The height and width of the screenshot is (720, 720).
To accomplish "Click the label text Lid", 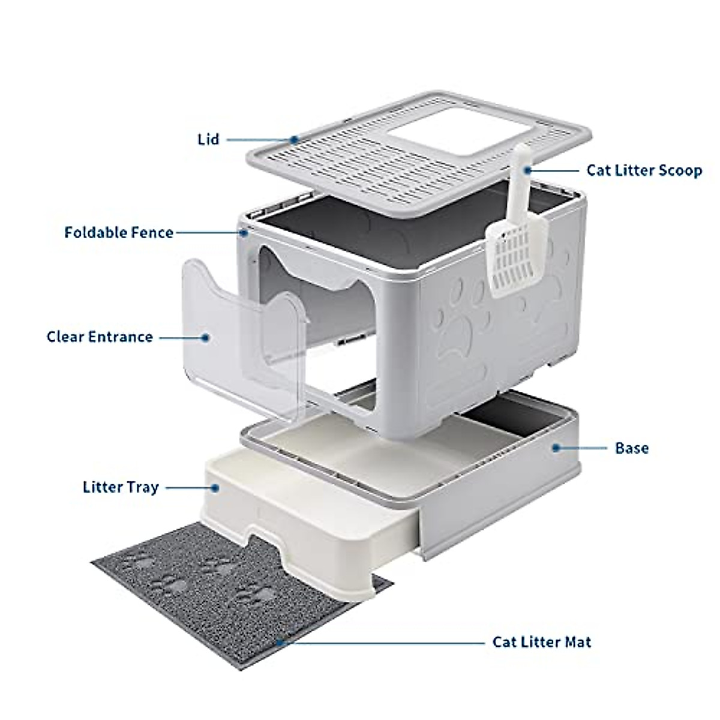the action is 208,140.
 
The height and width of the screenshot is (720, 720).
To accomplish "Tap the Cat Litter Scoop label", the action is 644,170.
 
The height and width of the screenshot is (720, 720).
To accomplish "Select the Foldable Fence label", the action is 119,232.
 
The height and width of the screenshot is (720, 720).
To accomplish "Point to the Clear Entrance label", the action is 100,337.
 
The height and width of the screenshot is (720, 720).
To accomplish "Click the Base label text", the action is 631,448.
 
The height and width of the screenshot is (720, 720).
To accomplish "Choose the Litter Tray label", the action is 121,487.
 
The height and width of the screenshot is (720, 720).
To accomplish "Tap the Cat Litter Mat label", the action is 541,642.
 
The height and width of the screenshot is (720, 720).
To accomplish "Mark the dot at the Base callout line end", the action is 556,448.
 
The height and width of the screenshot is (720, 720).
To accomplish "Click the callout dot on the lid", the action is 294,140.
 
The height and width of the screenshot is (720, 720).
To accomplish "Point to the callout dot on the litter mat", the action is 280,642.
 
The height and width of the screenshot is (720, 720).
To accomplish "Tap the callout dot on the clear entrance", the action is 205,337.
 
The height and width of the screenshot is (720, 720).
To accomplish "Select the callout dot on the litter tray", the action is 216,488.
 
